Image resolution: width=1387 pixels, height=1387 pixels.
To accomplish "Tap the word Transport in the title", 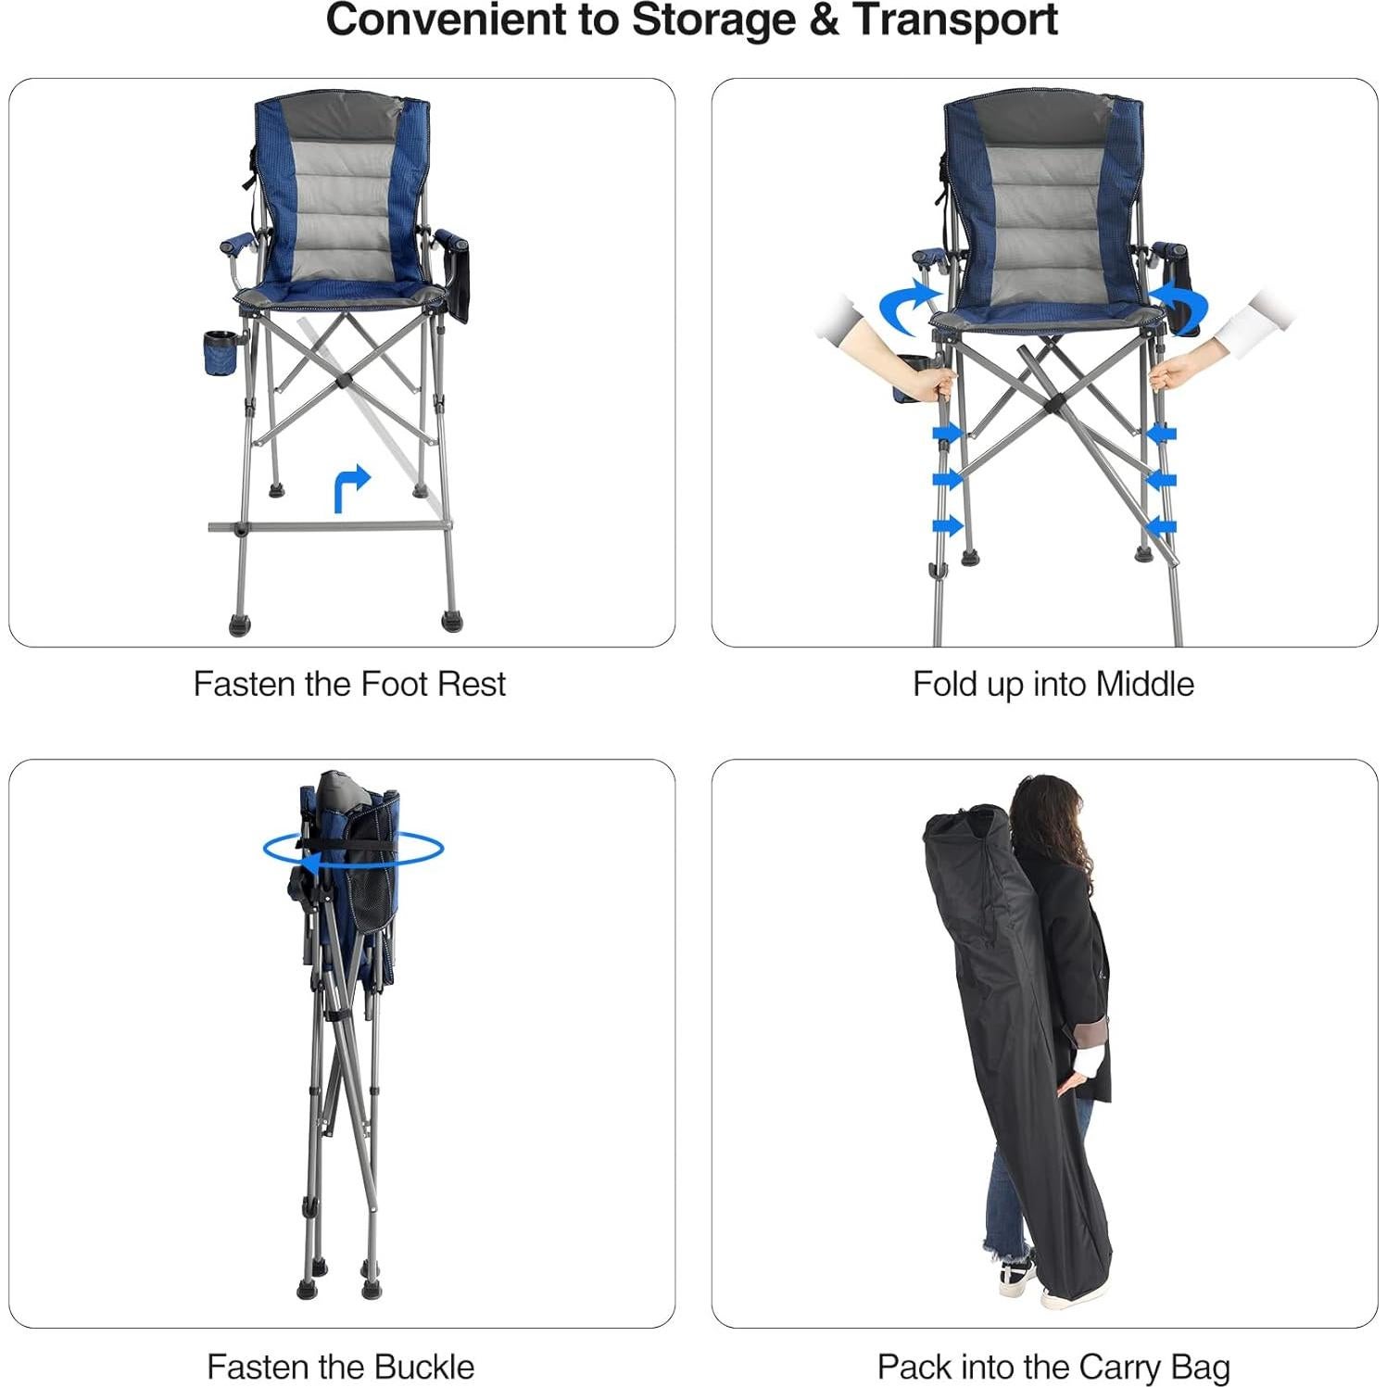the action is click(x=954, y=20).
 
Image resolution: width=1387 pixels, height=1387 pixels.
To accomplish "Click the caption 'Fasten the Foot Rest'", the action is click(x=349, y=684).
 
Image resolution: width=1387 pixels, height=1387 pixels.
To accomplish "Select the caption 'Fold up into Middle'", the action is click(x=1053, y=684).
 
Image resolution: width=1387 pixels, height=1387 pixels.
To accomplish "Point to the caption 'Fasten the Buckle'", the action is click(x=340, y=1367).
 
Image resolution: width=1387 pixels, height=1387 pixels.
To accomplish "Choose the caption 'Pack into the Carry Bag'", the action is click(x=1053, y=1367).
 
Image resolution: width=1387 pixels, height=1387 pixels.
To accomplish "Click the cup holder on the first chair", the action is click(x=221, y=352).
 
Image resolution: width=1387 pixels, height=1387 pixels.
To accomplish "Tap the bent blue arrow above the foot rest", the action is click(x=350, y=487).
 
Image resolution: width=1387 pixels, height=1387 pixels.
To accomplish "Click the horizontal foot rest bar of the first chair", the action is click(x=329, y=527).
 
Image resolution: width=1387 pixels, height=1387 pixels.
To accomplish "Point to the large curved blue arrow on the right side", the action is click(x=1180, y=306).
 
